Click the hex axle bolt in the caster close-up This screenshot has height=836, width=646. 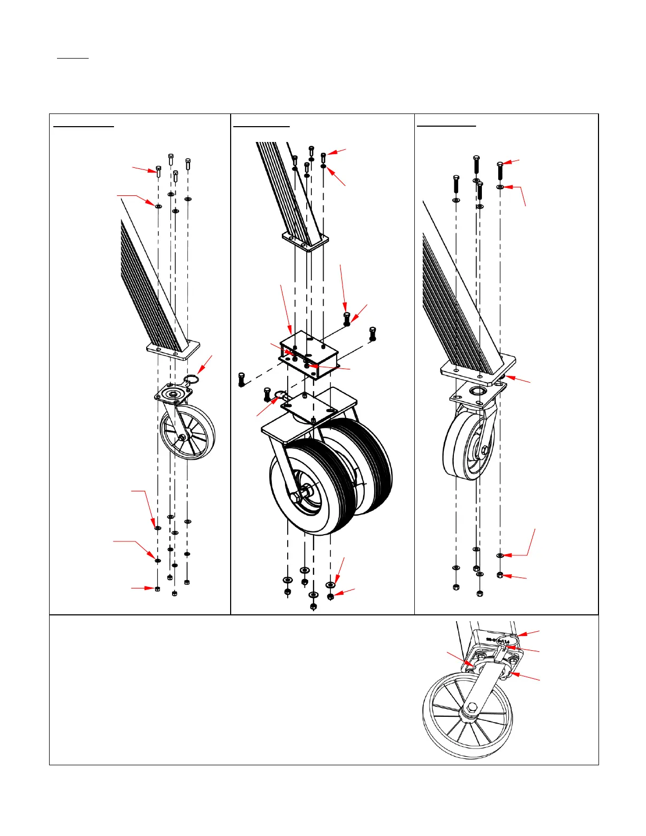point(472,707)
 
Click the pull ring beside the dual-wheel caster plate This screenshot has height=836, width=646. point(280,395)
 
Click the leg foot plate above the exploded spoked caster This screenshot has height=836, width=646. point(173,349)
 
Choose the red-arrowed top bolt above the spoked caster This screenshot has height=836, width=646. point(158,170)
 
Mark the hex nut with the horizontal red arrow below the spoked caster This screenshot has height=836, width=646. point(157,588)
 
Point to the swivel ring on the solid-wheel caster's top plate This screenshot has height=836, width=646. point(477,392)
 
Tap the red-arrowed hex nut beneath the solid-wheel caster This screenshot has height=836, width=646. point(500,575)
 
